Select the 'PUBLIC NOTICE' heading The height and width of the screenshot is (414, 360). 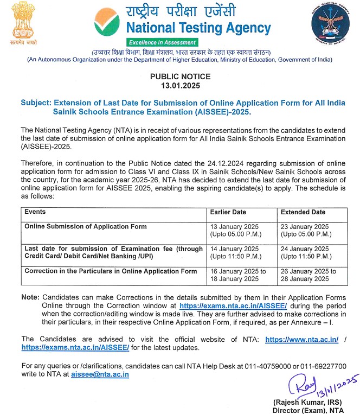pos(179,77)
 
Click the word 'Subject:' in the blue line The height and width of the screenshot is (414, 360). pos(36,103)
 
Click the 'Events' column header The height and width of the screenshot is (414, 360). pos(35,212)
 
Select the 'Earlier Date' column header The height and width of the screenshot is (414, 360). pos(228,212)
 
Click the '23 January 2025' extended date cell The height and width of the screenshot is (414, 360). pos(305,226)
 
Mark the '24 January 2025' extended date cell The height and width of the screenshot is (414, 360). pos(305,248)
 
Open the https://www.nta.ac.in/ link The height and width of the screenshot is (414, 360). pos(302,339)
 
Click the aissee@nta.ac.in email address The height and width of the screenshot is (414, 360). pos(100,374)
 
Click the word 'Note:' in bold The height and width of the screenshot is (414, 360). pos(30,298)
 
